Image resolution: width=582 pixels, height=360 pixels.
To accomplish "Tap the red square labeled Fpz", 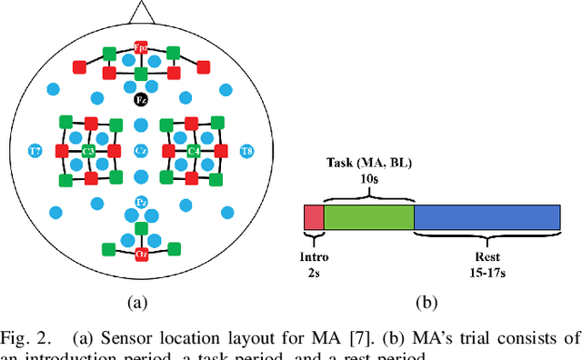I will (x=141, y=47).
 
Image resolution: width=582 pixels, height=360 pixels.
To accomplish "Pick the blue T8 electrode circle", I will (x=246, y=150).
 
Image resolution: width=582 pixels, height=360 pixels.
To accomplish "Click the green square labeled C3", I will (x=89, y=150).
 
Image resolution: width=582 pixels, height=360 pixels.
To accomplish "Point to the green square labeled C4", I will (x=193, y=150).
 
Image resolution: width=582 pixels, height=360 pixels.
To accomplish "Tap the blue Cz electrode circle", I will (x=141, y=150).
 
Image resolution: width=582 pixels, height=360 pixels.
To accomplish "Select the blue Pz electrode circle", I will (x=141, y=201).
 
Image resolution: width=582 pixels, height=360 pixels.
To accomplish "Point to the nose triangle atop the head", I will (x=141, y=11).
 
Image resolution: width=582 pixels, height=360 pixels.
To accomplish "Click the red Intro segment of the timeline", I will (x=313, y=216).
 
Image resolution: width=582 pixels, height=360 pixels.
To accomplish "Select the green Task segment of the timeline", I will (x=368, y=216).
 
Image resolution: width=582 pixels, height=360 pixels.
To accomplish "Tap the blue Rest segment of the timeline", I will (x=487, y=216).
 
